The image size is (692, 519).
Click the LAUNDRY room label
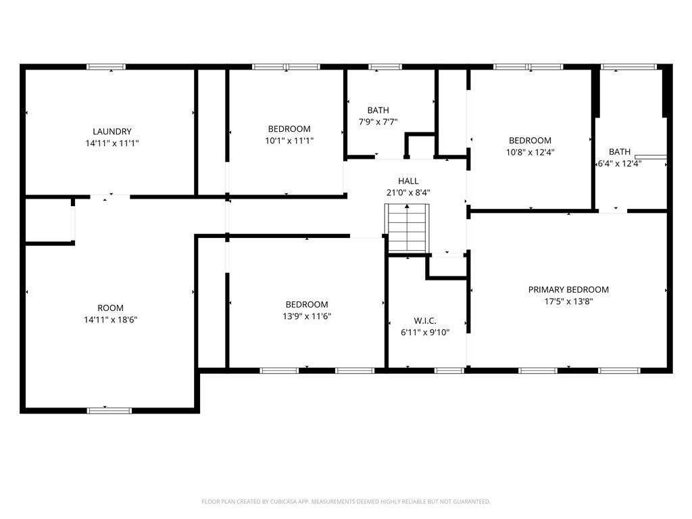112,131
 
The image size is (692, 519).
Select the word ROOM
111,308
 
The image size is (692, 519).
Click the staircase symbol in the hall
407,228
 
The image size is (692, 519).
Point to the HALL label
408,181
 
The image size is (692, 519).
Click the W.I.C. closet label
426,320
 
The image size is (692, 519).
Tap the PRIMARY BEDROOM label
568,290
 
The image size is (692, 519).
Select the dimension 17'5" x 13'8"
568,301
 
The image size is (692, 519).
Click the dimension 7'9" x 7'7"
378,122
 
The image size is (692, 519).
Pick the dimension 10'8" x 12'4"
530,152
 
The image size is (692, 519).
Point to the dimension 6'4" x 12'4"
620,163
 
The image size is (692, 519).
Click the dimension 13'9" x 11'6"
307,316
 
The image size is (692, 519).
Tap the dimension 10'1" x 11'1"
289,141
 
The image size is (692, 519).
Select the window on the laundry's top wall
106,67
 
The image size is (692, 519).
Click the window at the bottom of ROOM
109,410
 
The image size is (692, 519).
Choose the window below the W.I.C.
449,370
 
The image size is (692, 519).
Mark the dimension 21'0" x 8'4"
408,192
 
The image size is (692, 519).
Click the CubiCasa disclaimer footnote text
346,501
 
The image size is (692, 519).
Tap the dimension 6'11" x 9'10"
426,332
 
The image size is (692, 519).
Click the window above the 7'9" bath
385,67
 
